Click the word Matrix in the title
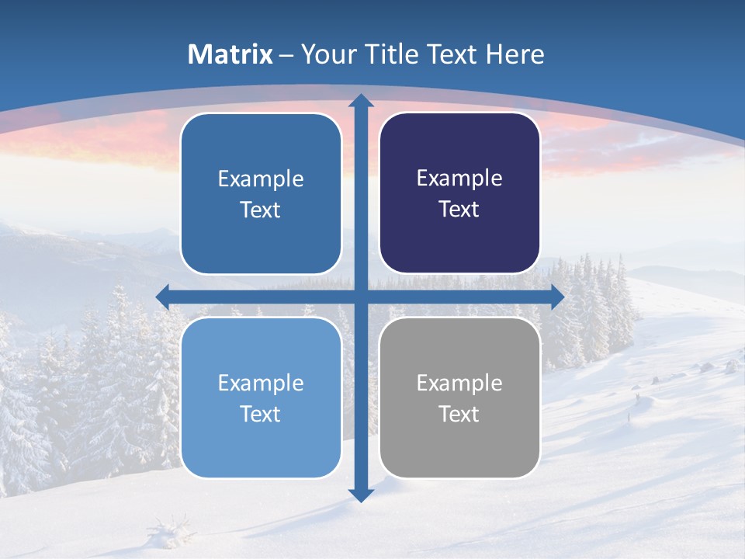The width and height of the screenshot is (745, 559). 230,54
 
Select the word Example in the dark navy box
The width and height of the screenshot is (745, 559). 459,178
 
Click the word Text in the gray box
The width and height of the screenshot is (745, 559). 459,415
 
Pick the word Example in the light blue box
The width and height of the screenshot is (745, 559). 261,383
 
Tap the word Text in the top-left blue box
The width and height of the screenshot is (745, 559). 261,210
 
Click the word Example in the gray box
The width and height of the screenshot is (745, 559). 459,383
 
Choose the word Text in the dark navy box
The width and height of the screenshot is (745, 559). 459,210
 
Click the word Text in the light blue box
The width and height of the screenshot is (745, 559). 261,415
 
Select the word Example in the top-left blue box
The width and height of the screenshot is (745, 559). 261,179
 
